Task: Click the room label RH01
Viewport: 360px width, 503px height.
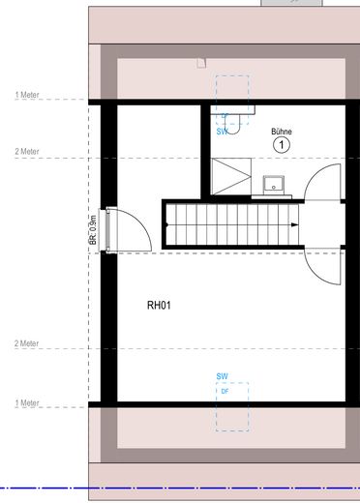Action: pyautogui.click(x=159, y=305)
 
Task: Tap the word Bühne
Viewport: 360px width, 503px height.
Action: pyautogui.click(x=282, y=132)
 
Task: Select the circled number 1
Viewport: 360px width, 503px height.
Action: pyautogui.click(x=282, y=145)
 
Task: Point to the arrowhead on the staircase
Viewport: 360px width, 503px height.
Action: pyautogui.click(x=169, y=226)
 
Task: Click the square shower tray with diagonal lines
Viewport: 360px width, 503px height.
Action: pyautogui.click(x=231, y=176)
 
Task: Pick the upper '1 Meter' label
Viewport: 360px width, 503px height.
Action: pyautogui.click(x=27, y=95)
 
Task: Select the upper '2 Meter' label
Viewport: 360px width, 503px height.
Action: pyautogui.click(x=27, y=152)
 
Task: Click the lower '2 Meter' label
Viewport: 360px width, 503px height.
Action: pyautogui.click(x=27, y=343)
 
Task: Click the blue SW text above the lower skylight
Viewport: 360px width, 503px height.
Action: pyautogui.click(x=222, y=375)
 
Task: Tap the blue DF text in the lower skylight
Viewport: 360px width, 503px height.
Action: pyautogui.click(x=225, y=391)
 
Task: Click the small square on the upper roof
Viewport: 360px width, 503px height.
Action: pyautogui.click(x=200, y=63)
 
